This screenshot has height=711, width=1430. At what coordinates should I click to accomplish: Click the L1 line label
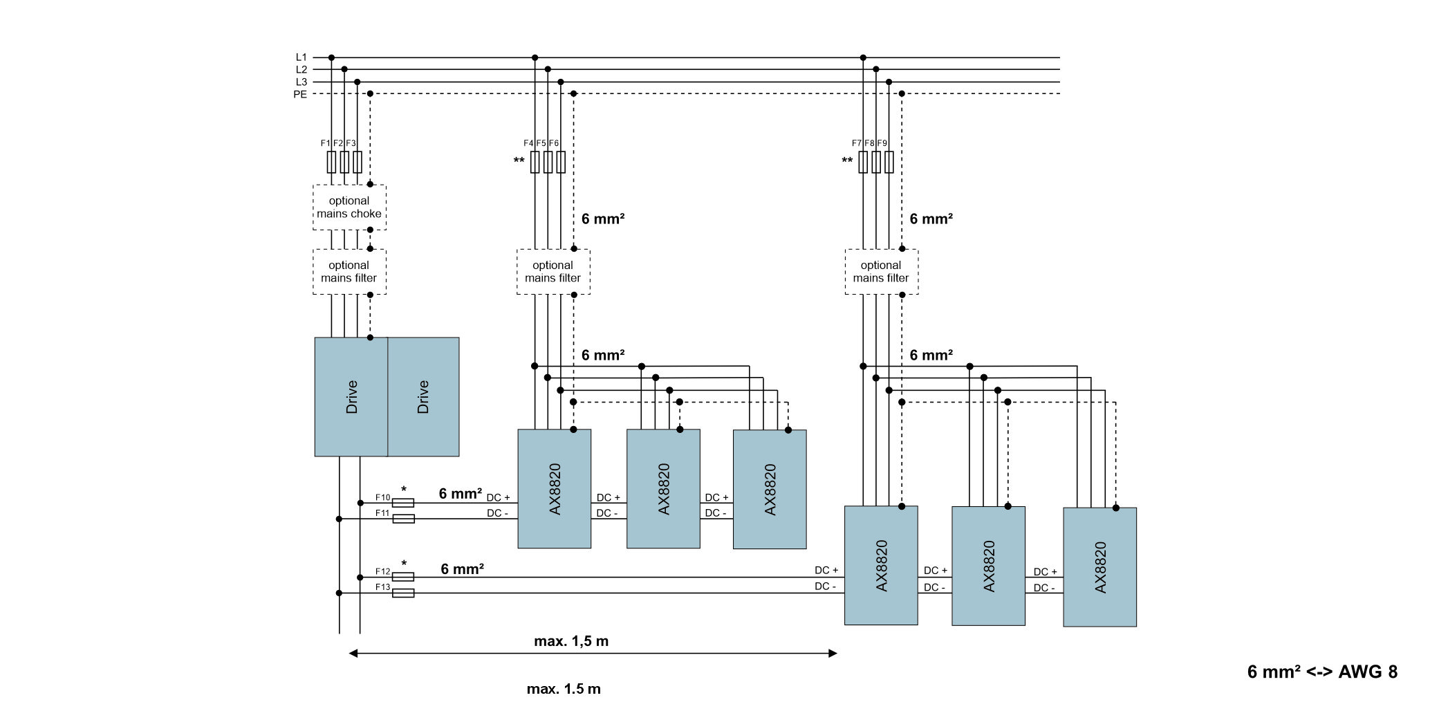(301, 57)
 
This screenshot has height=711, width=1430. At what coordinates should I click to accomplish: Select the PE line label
(300, 94)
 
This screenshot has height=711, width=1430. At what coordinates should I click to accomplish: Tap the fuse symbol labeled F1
(331, 163)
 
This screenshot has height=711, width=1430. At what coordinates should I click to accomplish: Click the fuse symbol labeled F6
(561, 163)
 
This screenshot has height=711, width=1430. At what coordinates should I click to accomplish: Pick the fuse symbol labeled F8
(876, 163)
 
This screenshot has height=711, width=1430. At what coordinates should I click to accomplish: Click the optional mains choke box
(349, 207)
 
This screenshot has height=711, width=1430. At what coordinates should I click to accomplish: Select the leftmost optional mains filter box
(349, 272)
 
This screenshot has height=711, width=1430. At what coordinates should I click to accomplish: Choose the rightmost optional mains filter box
(881, 272)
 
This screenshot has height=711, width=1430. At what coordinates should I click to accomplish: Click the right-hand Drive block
(423, 396)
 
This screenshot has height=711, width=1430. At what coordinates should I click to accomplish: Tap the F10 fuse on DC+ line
(403, 503)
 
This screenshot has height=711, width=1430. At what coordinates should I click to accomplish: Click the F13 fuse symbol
(403, 593)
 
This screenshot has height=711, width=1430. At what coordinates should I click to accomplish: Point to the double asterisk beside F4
(519, 161)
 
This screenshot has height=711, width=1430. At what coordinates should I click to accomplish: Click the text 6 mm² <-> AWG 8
(1322, 672)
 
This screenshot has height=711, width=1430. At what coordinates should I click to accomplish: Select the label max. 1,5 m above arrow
(571, 641)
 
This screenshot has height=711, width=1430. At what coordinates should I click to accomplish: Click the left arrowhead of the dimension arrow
(353, 653)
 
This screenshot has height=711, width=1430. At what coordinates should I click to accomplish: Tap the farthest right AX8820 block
(1099, 567)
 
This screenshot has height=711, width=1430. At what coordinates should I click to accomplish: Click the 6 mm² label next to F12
(462, 569)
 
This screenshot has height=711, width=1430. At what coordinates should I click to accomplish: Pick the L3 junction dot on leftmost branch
(357, 82)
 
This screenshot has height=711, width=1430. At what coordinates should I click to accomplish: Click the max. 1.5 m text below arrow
(564, 689)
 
